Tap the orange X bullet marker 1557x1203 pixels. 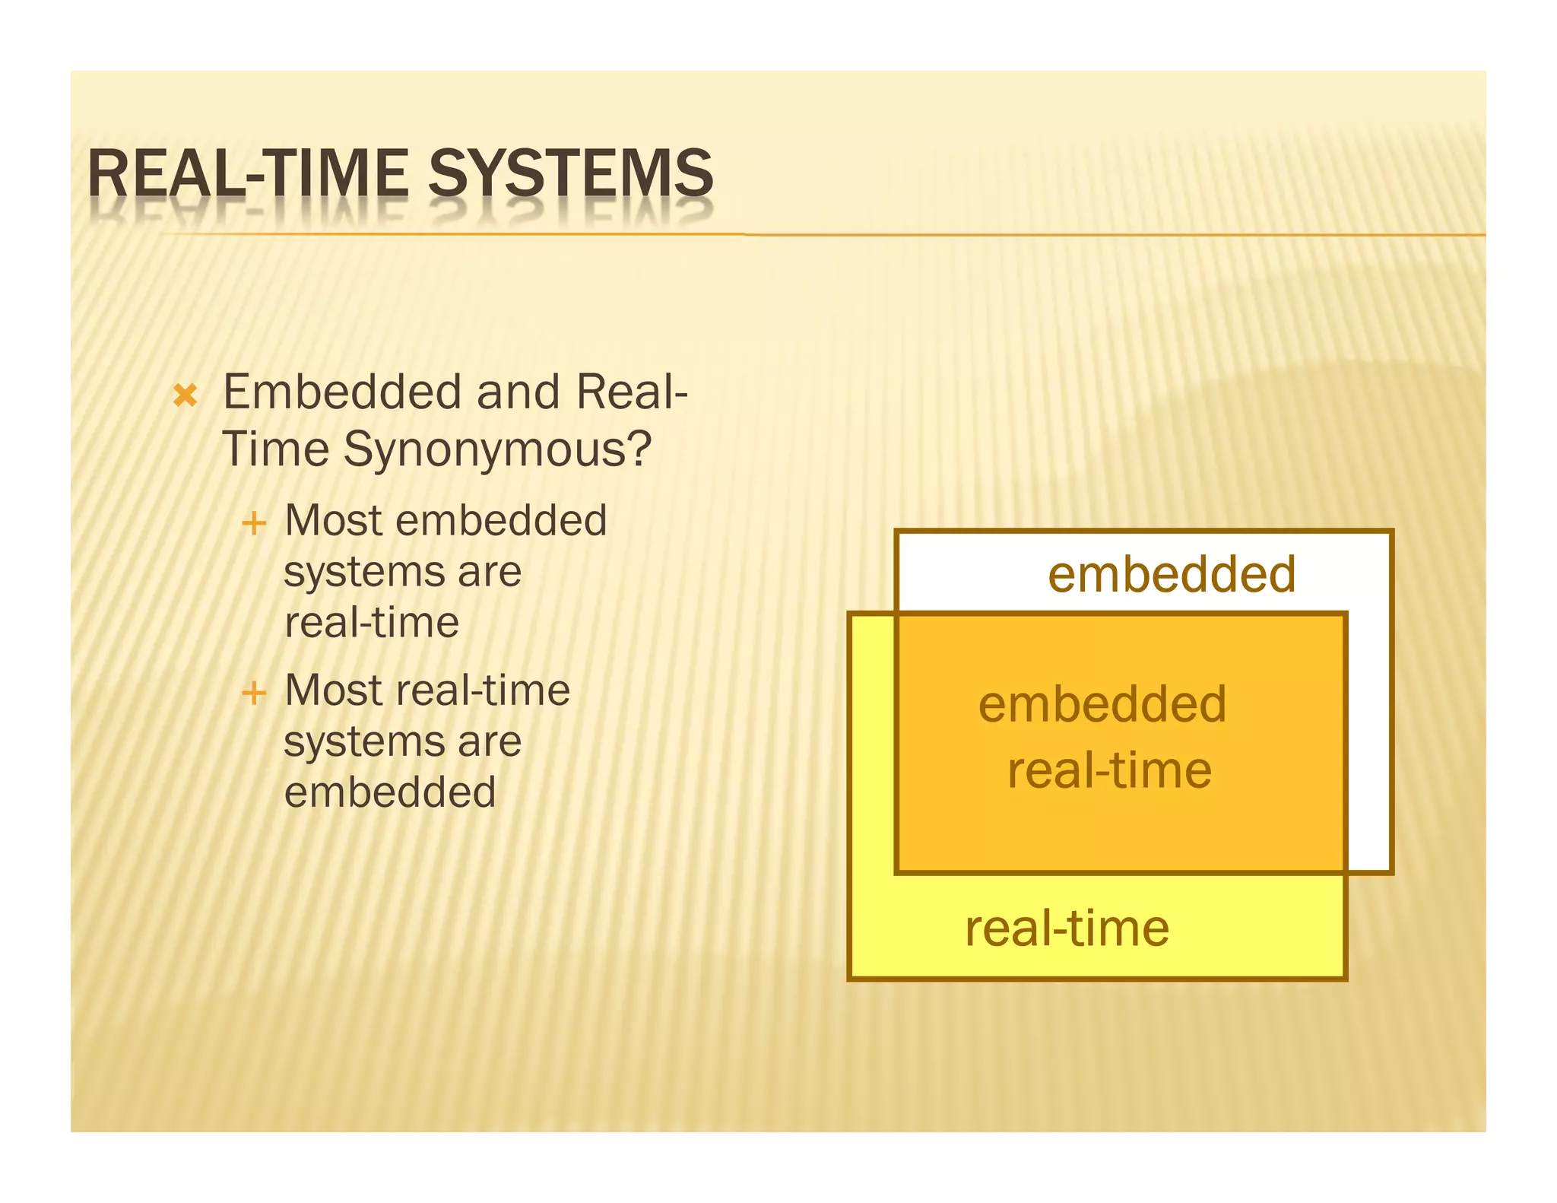(186, 395)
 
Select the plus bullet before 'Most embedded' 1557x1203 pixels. (253, 523)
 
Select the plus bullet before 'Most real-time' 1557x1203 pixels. (253, 693)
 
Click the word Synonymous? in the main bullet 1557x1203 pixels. (497, 450)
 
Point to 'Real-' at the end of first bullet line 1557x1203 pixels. (632, 392)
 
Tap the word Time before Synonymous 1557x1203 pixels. (276, 449)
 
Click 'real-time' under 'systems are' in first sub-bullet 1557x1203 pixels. (372, 623)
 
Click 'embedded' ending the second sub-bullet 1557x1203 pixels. (390, 792)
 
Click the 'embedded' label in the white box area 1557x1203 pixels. (1172, 574)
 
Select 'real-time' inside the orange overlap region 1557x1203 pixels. (1109, 771)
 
